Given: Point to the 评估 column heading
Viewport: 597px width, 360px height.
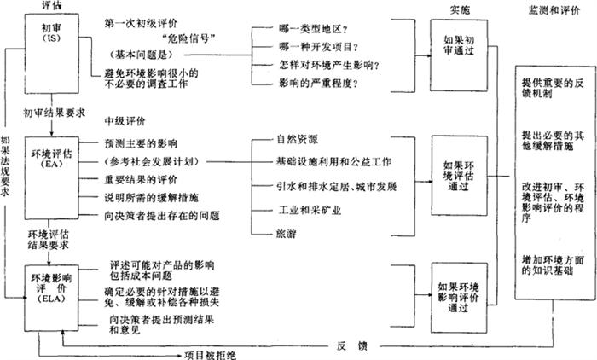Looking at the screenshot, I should coord(52,6).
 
